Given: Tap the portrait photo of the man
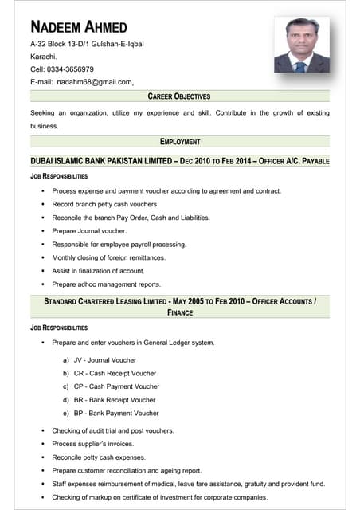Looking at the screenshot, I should pyautogui.click(x=301, y=45).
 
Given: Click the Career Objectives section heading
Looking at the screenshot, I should pyautogui.click(x=179, y=96).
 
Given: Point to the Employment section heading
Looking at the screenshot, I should pyautogui.click(x=179, y=142).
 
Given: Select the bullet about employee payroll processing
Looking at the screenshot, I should pyautogui.click(x=119, y=245).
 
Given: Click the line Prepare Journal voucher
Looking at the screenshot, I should pyautogui.click(x=89, y=231).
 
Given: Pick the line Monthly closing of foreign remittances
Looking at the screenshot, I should pyautogui.click(x=108, y=258).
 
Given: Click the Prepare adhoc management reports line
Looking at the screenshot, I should pyautogui.click(x=106, y=284).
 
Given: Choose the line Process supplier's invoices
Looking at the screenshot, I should pyautogui.click(x=92, y=444).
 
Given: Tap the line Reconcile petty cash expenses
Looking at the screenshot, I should pyautogui.click(x=99, y=457).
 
